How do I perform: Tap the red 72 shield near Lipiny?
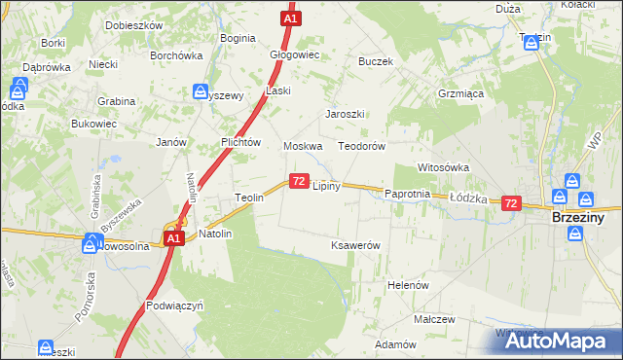coord(298,181)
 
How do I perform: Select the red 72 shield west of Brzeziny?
coord(511,203)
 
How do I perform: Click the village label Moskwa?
coord(303,146)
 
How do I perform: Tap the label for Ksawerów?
coord(355,245)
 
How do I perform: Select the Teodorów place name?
coord(362,146)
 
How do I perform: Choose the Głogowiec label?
coord(295,55)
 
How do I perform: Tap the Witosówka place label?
coord(443,167)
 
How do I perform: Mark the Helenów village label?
coord(408,285)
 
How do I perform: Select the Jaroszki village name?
coord(345,113)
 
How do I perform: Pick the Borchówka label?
coord(175,55)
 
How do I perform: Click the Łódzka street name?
coord(467,196)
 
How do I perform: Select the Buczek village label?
coord(375,61)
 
